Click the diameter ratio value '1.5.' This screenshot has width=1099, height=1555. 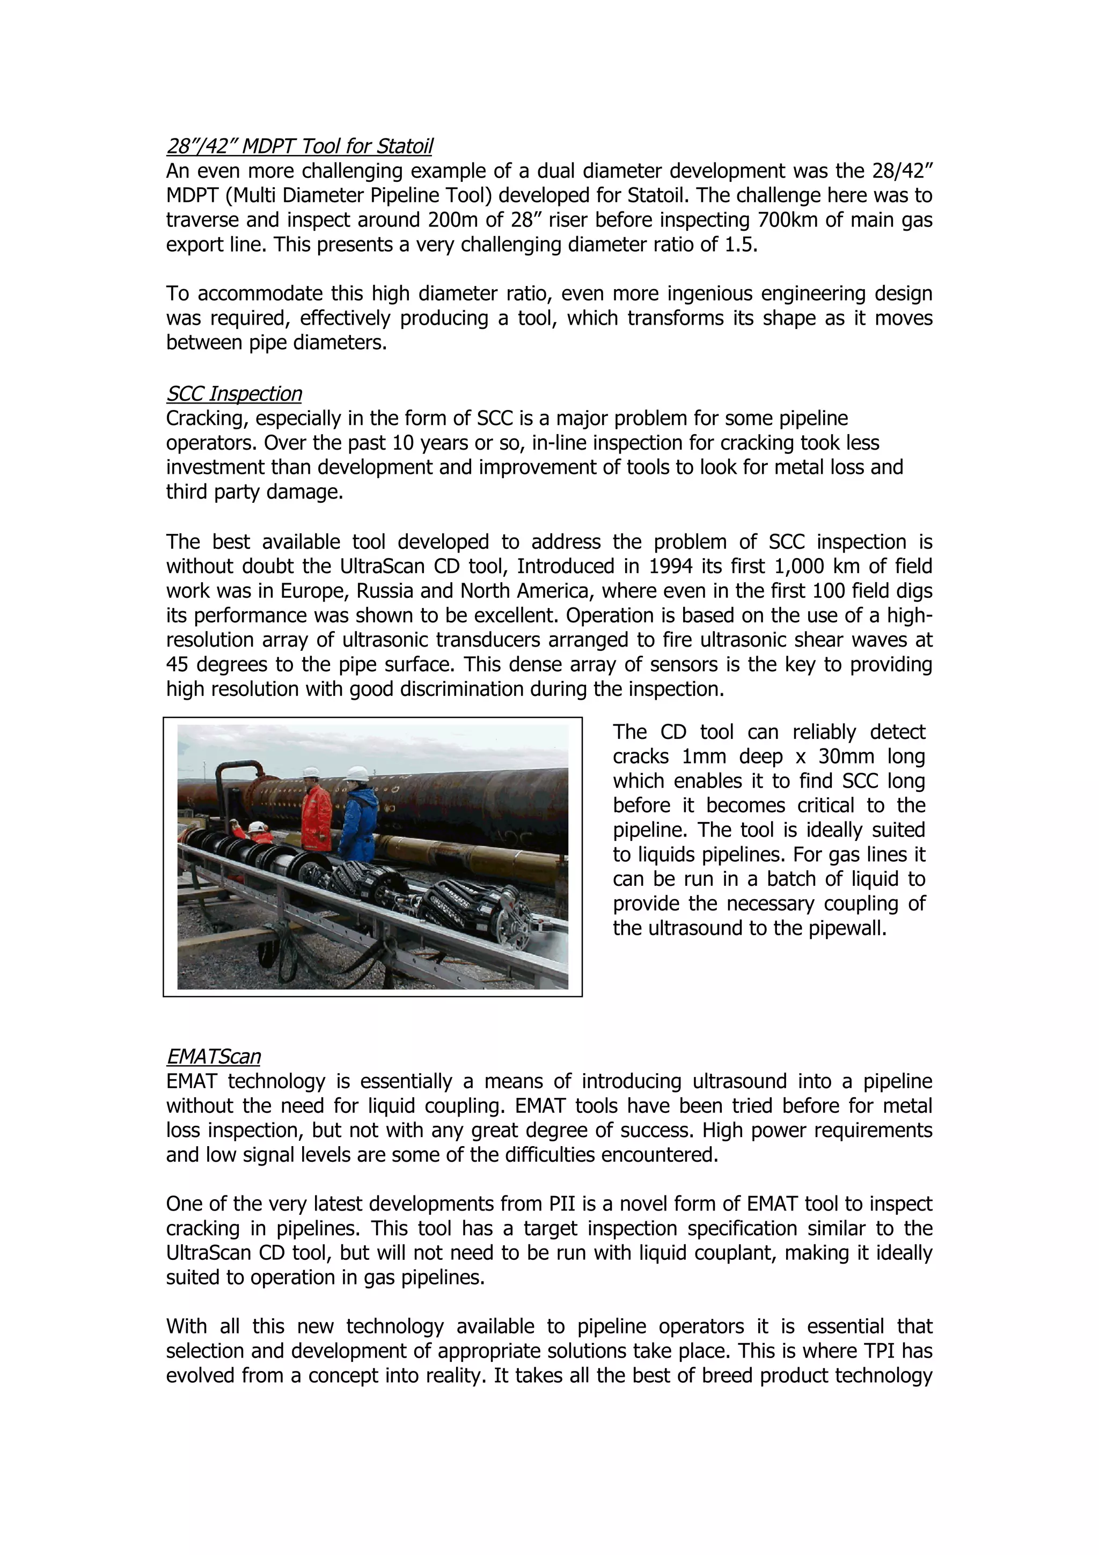coord(741,245)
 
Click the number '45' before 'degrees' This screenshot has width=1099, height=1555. coord(178,665)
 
